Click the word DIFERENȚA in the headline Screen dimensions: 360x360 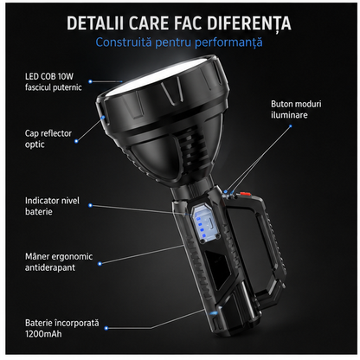coord(249,23)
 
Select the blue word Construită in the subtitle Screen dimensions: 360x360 coord(124,42)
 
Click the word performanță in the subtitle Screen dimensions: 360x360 coord(228,42)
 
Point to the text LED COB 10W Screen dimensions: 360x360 coord(49,76)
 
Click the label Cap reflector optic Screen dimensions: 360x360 coord(48,138)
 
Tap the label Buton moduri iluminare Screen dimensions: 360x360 coord(296,109)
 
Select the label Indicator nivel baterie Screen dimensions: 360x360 coord(52,206)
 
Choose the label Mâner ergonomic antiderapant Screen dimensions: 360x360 coord(59,262)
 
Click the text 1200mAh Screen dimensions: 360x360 coord(43,334)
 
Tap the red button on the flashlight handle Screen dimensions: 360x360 coord(244,193)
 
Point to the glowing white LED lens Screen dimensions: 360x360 coord(158,76)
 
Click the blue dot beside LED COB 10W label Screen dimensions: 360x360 coord(90,81)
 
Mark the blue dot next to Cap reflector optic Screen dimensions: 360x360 coord(76,141)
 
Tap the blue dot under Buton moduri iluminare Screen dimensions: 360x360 coord(291,126)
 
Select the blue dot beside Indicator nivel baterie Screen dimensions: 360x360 coord(90,205)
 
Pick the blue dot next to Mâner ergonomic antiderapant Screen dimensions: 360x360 coord(100,264)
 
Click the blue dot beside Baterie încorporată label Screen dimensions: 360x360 coord(106,328)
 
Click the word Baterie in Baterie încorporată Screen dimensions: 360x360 coord(38,323)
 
